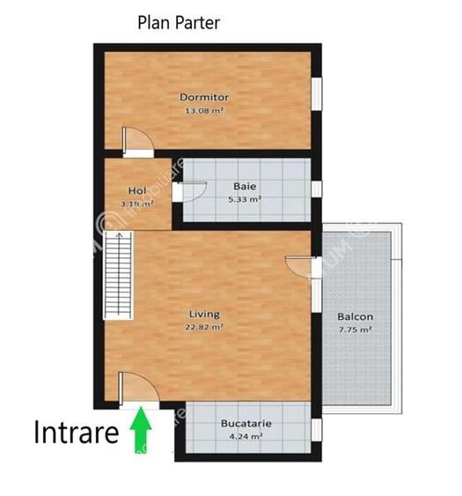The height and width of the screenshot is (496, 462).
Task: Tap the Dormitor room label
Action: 204,97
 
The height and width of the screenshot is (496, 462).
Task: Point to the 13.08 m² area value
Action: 203,111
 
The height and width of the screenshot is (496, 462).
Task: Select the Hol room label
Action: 136,190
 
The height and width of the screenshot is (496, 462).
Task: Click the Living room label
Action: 204,314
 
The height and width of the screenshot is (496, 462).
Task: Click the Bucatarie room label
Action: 246,423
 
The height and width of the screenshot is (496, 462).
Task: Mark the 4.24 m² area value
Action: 246,436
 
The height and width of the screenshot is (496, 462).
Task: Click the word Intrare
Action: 77,433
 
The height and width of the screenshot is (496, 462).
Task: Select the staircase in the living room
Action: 116,275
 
